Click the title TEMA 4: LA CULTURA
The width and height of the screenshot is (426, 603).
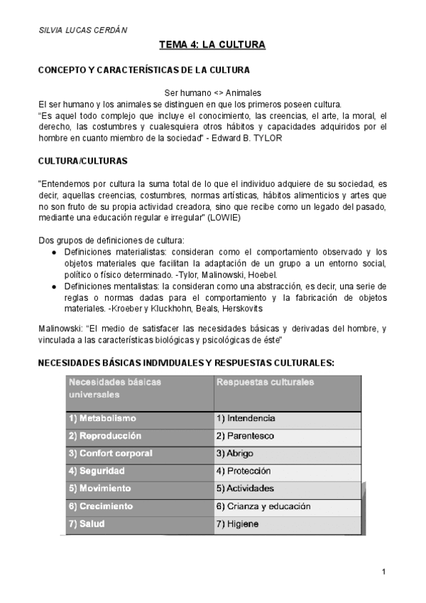[x=212, y=46]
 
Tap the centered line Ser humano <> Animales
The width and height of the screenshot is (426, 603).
[x=212, y=92]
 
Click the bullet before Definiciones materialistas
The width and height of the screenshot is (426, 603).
[x=56, y=252]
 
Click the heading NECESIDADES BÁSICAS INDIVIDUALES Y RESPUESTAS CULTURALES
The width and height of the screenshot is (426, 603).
[x=185, y=363]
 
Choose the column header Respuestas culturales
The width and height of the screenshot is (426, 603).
[x=264, y=382]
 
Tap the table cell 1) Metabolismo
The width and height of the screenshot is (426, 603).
[x=102, y=418]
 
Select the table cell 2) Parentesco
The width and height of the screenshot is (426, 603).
[x=245, y=435]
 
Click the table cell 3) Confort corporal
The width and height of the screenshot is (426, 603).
[x=110, y=453]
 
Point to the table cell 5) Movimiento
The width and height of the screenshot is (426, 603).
[x=99, y=489]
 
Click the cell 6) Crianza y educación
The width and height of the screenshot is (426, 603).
[x=263, y=506]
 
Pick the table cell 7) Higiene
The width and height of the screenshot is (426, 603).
[x=237, y=524]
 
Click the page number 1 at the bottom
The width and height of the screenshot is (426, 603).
[x=383, y=572]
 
